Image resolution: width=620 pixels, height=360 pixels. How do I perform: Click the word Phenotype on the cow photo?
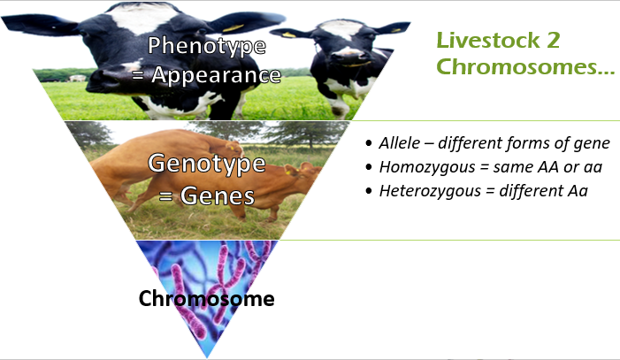click(206, 45)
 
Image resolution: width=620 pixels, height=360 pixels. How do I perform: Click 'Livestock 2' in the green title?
click(499, 40)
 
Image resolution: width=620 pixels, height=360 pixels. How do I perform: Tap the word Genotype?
click(207, 163)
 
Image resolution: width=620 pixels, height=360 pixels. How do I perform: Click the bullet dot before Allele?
click(370, 144)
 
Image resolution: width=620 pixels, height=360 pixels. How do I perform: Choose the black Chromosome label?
click(206, 299)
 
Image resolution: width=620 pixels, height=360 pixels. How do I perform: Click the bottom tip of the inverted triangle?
click(206, 356)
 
